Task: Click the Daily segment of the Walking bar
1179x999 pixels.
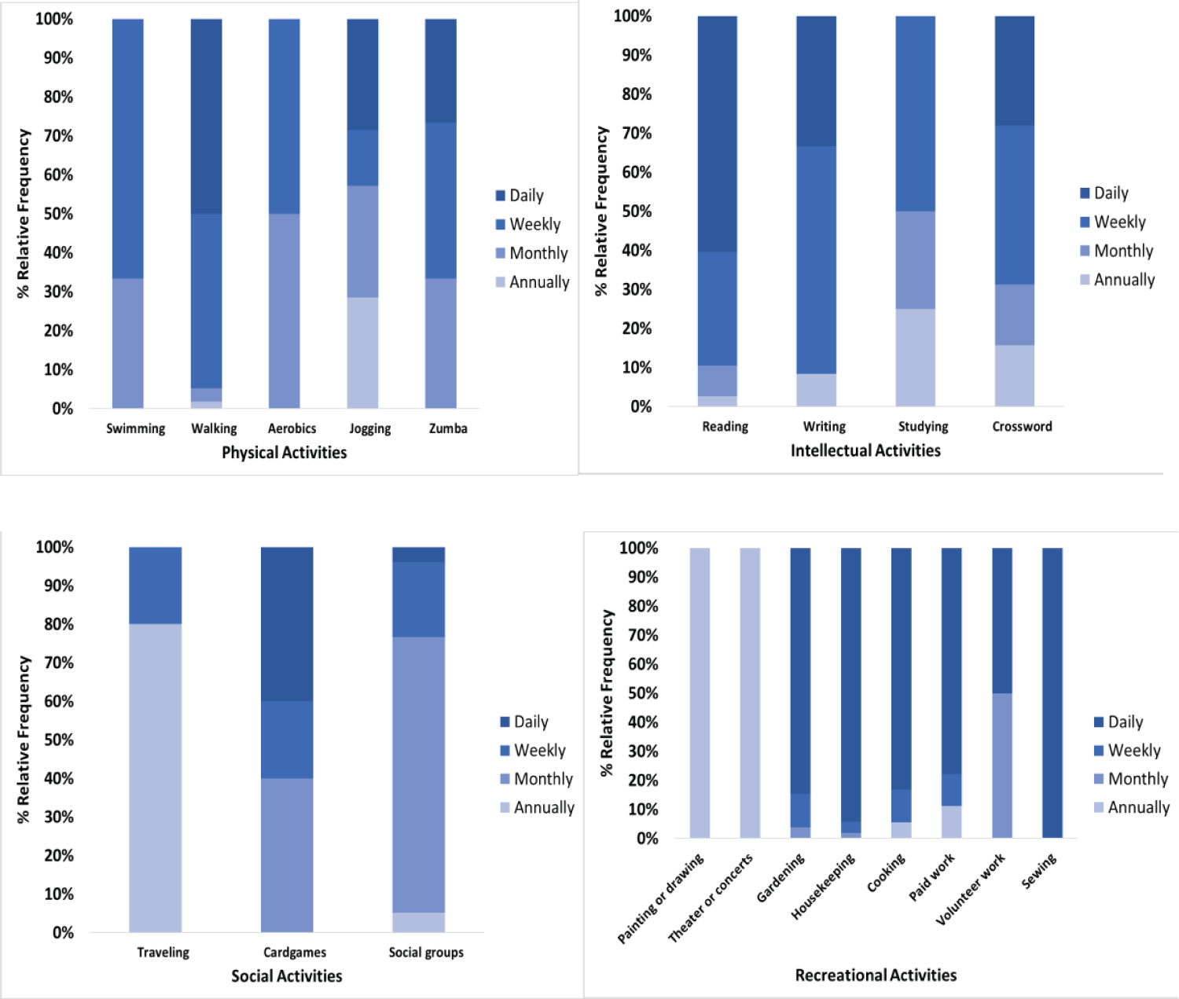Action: coord(206,116)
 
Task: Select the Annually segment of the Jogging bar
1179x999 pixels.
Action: coord(362,352)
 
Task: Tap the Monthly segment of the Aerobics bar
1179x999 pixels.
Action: coord(284,310)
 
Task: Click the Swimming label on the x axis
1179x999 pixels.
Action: coord(136,428)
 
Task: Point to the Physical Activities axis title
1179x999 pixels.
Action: coord(284,452)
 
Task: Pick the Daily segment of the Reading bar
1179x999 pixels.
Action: coord(717,134)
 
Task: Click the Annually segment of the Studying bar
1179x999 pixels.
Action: coord(915,358)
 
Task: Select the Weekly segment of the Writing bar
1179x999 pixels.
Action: coord(816,259)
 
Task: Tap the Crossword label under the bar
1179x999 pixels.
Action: coord(1022,426)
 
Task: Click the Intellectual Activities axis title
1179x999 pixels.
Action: coord(865,450)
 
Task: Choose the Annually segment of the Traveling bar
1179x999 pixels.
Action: coord(155,778)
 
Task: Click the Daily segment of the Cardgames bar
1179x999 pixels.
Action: coord(287,623)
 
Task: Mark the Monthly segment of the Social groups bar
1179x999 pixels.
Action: coord(418,774)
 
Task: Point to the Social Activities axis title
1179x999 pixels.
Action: coord(287,975)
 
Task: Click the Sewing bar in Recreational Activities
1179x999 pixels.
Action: coord(1052,692)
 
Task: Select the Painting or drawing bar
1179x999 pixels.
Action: coord(700,692)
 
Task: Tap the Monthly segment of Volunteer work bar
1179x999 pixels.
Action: coord(1001,765)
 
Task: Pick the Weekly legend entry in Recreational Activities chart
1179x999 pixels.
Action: coord(1133,751)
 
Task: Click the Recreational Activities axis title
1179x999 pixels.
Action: coord(876,975)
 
